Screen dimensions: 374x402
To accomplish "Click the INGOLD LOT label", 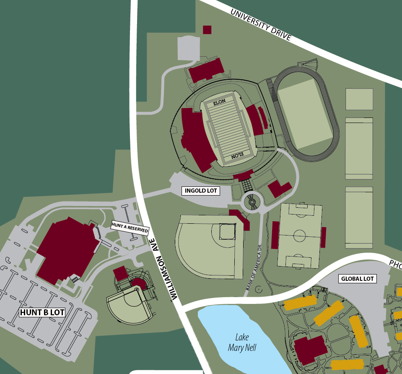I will coord(201,191).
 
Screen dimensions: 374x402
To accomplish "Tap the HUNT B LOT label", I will coord(42,312).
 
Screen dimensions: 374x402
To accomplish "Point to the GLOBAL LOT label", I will coord(358,278).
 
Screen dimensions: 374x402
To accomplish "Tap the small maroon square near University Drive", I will coord(207,29).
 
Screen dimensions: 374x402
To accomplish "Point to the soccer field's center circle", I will coord(300,235).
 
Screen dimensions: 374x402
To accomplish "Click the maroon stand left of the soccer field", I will coord(275,235).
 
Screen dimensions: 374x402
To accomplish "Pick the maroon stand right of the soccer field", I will coord(324,237).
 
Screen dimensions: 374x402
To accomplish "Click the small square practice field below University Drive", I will coord(359,99).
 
